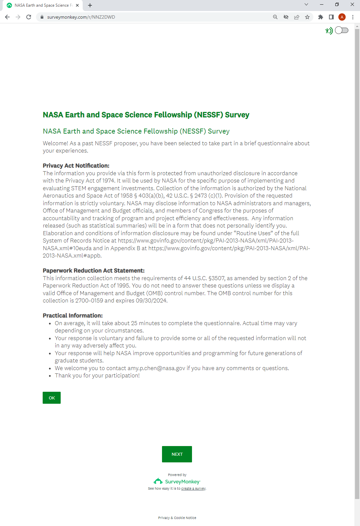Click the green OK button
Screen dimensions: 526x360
click(x=52, y=398)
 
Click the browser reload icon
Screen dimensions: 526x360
click(x=29, y=17)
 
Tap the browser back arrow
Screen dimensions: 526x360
click(x=7, y=17)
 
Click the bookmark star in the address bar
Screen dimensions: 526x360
click(x=307, y=17)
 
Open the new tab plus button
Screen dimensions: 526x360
click(x=90, y=5)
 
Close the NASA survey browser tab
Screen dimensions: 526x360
click(x=77, y=5)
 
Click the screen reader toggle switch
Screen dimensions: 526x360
click(x=342, y=30)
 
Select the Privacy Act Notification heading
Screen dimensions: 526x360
click(x=76, y=166)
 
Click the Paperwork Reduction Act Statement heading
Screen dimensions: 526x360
click(x=94, y=270)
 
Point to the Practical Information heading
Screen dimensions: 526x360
click(x=73, y=315)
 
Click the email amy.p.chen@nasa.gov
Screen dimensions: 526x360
click(x=156, y=368)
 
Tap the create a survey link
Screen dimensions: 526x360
click(x=193, y=489)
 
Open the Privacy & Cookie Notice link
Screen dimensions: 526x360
click(x=177, y=518)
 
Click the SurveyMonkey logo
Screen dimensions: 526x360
click(x=177, y=481)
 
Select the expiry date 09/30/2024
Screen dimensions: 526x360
click(x=151, y=300)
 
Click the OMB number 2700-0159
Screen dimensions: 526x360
click(x=89, y=300)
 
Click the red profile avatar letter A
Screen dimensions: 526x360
click(x=342, y=17)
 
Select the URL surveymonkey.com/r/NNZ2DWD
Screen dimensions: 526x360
click(x=81, y=17)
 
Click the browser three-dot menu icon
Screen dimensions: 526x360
click(x=353, y=17)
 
